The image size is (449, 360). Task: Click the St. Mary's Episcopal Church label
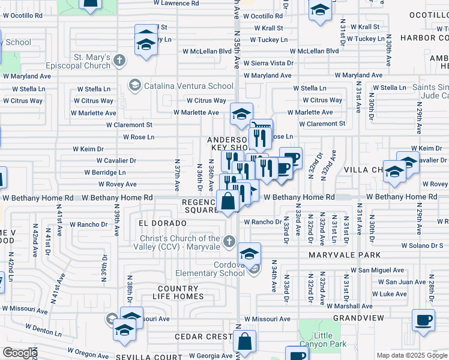click(x=91, y=62)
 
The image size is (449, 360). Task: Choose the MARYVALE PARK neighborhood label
click(x=345, y=255)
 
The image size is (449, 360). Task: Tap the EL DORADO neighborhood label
click(x=159, y=223)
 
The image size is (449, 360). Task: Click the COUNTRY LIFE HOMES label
click(x=178, y=292)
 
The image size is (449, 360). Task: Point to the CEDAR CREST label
click(x=203, y=337)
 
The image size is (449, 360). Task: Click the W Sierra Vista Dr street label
click(x=268, y=63)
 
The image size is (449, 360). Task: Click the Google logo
click(x=19, y=353)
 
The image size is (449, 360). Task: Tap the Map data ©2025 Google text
click(x=412, y=355)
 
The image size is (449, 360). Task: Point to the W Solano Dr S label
click(x=421, y=245)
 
